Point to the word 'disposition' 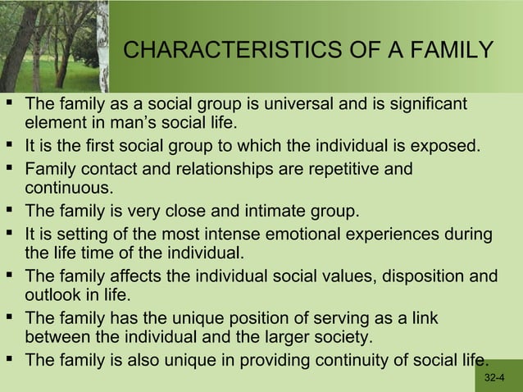[426, 276]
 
